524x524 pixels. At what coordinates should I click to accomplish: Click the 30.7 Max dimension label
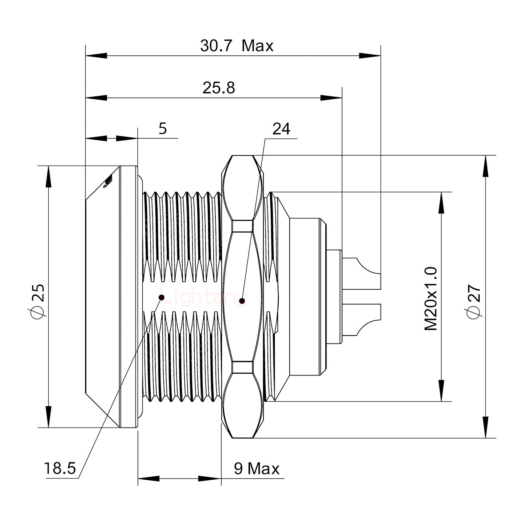pyautogui.click(x=237, y=46)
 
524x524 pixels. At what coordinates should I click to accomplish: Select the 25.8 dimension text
pyautogui.click(x=219, y=88)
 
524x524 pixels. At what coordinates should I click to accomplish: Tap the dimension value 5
pyautogui.click(x=163, y=128)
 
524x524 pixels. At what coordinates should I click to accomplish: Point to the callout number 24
pyautogui.click(x=281, y=129)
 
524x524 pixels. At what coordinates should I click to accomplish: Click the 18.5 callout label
pyautogui.click(x=60, y=468)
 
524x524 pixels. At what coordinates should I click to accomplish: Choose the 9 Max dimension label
pyautogui.click(x=257, y=469)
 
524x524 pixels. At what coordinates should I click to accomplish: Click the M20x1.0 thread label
pyautogui.click(x=431, y=298)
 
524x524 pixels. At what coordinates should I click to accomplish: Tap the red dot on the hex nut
pyautogui.click(x=242, y=301)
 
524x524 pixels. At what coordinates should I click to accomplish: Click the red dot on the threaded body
pyautogui.click(x=162, y=298)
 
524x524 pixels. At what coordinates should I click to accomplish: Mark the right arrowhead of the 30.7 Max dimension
pyautogui.click(x=370, y=56)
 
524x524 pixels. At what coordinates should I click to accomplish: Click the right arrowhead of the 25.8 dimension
pyautogui.click(x=331, y=98)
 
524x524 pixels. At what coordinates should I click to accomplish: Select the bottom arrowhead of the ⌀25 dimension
pyautogui.click(x=48, y=417)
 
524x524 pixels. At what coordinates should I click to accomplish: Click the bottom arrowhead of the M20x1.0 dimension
pyautogui.click(x=441, y=391)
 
